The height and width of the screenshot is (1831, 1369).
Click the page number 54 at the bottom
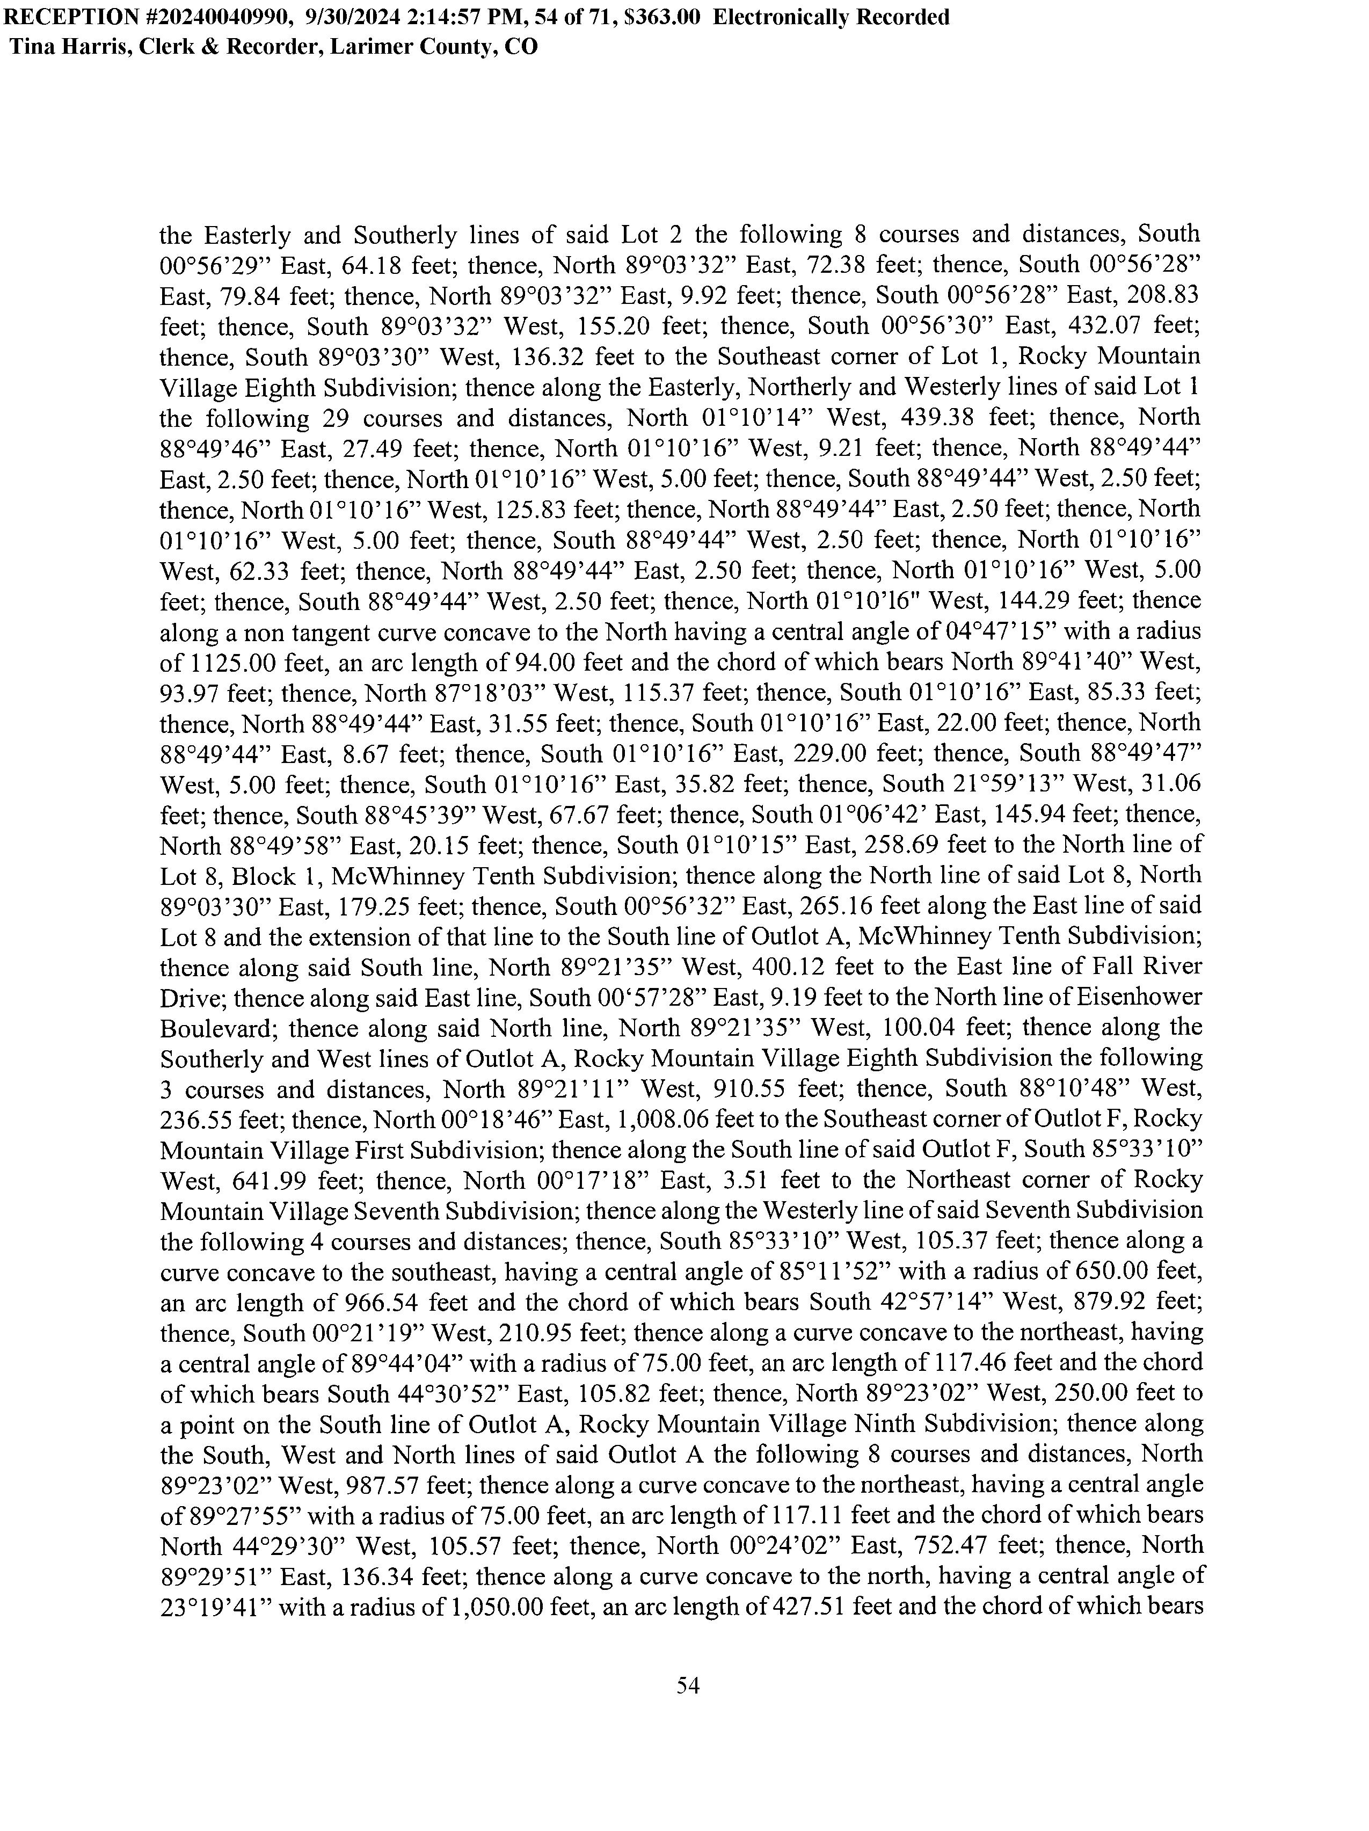[688, 1684]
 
